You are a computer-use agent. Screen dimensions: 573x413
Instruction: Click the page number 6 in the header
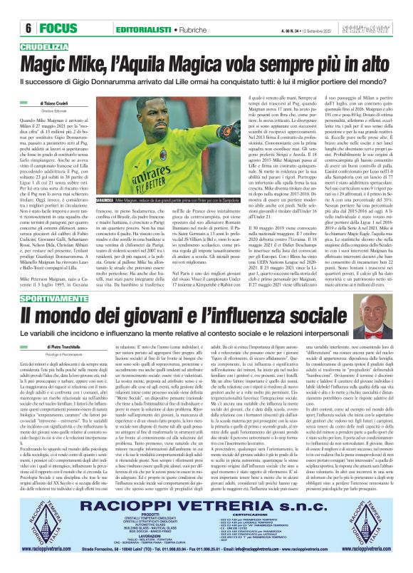click(14, 9)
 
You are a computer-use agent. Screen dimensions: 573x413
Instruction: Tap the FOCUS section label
click(37, 9)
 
